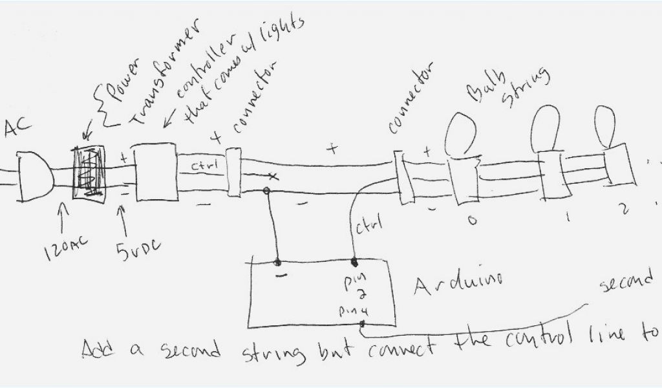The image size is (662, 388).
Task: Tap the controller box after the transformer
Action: tap(154, 172)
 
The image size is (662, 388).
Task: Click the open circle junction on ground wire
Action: tap(265, 191)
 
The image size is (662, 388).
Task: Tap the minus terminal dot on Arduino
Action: tap(279, 263)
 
